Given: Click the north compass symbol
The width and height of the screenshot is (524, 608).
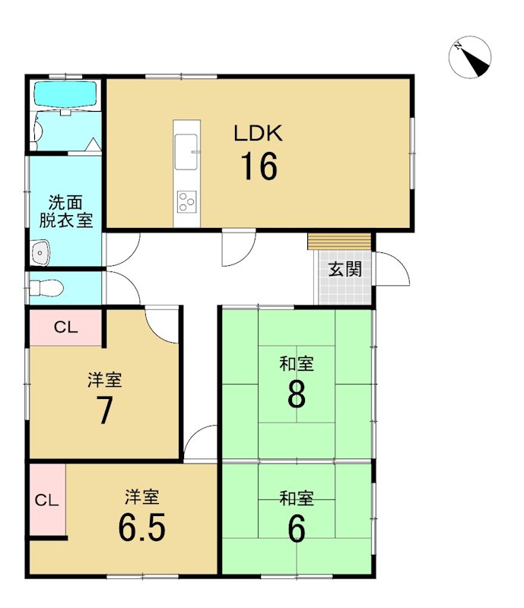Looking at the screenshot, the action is tap(470, 57).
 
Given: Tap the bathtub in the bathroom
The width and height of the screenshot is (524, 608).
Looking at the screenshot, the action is tap(65, 93).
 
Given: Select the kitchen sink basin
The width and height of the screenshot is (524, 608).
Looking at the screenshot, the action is tap(186, 151).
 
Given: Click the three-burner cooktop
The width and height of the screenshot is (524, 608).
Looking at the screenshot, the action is tap(186, 201).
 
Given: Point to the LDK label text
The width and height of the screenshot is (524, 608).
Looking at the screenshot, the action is tap(258, 133).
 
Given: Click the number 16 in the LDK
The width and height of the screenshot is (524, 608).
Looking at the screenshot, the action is tap(259, 166).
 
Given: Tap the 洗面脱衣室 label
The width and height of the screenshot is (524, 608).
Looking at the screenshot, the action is tap(66, 211).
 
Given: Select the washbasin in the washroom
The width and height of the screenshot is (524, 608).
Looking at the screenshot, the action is tap(40, 252).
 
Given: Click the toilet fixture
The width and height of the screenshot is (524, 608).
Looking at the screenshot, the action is tap(46, 288).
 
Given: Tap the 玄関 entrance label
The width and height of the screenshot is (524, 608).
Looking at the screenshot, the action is tap(345, 269).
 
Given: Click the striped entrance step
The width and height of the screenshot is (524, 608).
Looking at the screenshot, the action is tap(340, 242).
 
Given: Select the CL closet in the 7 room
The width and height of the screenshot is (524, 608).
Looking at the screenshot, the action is tap(65, 328).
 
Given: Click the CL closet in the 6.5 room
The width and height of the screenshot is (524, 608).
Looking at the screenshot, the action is tap(47, 500).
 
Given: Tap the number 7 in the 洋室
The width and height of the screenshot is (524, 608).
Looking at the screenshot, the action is tap(105, 410).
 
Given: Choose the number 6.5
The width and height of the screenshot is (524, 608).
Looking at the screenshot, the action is tap(141, 527).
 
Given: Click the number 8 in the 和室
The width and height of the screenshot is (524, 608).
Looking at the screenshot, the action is tap(297, 394).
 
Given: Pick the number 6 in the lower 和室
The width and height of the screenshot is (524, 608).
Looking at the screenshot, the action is tap(297, 528).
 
